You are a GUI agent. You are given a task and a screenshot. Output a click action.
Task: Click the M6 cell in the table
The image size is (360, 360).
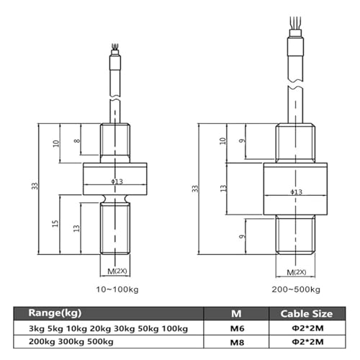(x=237, y=328)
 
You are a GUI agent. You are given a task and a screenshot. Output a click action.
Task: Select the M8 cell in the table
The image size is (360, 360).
(x=237, y=342)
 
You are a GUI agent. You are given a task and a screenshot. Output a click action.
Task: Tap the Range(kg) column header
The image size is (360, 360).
(x=55, y=313)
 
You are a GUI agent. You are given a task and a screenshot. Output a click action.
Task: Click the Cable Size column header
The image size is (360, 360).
(x=307, y=314)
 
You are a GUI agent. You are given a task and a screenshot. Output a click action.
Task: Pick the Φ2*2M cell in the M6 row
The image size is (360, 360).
(x=307, y=328)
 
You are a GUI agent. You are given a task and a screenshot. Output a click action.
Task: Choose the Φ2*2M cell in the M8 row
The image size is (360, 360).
(x=307, y=342)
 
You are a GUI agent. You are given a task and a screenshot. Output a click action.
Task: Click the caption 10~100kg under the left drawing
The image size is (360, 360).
(x=117, y=289)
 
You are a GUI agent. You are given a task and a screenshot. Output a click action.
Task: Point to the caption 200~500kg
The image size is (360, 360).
(x=296, y=289)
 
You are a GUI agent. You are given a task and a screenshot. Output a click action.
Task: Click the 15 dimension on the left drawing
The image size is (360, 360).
(x=55, y=224)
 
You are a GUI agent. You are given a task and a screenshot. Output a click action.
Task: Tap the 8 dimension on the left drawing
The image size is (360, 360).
(x=77, y=140)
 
